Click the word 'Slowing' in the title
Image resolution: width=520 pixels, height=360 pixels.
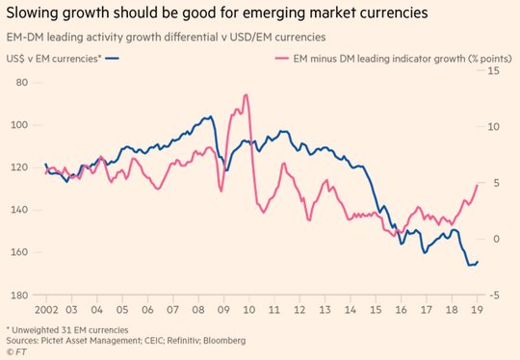tap(32, 13)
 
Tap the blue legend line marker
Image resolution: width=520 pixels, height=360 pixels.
tap(112, 59)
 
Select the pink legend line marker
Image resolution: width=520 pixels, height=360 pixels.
tap(282, 59)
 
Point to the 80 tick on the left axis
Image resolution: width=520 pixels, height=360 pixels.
tap(22, 82)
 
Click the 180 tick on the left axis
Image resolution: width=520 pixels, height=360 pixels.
tap(19, 296)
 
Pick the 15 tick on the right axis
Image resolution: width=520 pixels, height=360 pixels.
tap(493, 70)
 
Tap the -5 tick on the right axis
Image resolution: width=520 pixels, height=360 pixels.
tap(494, 296)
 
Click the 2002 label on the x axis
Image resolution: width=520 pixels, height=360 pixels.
tap(46, 310)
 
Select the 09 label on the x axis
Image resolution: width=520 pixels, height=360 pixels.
tap(223, 310)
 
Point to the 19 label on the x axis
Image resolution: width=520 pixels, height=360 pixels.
tap(478, 310)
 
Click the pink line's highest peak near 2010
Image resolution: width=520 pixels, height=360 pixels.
tap(246, 94)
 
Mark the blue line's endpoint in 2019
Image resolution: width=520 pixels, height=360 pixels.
tap(478, 262)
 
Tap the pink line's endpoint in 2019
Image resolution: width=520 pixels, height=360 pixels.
tap(478, 185)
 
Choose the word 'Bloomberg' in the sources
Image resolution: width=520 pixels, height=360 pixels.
tap(224, 341)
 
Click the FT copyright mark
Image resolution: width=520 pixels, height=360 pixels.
tap(16, 351)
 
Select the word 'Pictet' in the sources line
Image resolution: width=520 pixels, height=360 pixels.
tap(52, 341)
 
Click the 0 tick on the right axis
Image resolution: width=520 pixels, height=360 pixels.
tap(496, 239)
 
